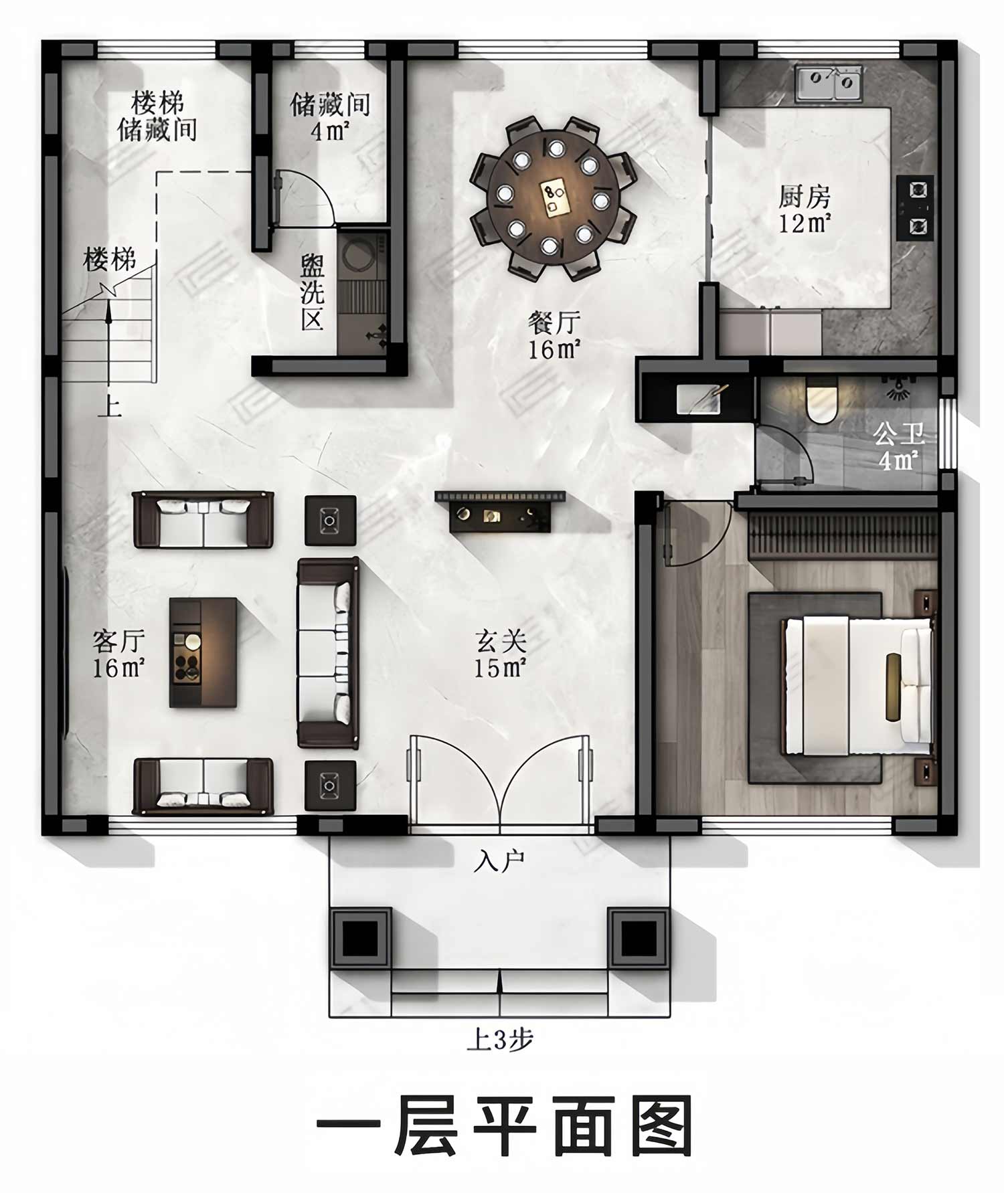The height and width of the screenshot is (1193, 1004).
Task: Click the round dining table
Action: [x=553, y=197]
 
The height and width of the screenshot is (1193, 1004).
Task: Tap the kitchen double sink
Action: [x=829, y=82]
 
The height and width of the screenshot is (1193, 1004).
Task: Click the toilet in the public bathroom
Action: [x=822, y=400]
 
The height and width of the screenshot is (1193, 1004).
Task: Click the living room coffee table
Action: [x=203, y=652]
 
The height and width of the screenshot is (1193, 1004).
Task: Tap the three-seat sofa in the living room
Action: [x=328, y=652]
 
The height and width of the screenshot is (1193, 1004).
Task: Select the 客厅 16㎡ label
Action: [x=118, y=654]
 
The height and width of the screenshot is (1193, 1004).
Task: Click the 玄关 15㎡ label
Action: [x=500, y=654]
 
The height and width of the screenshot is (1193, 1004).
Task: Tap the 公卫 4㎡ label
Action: [x=898, y=447]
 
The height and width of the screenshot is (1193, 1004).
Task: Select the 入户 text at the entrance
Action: [x=499, y=861]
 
